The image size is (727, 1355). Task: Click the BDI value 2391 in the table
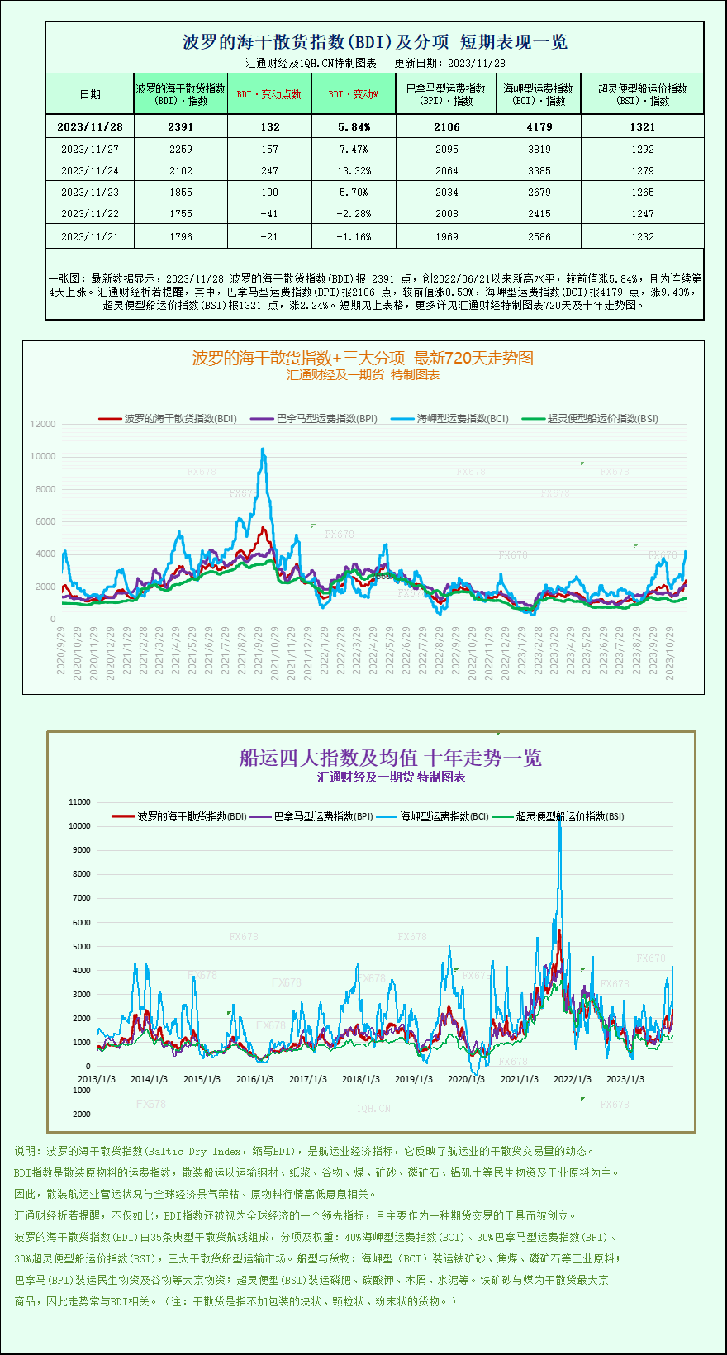[x=180, y=127]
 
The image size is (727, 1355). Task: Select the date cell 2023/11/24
[x=90, y=171]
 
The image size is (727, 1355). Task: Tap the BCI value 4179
[x=539, y=127]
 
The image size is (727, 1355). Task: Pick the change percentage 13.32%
[x=354, y=171]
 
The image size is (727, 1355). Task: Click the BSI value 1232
[x=642, y=237]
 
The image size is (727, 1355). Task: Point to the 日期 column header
[x=90, y=94]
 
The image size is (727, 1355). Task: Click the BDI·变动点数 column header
[x=269, y=94]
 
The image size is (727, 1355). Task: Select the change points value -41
[x=269, y=214]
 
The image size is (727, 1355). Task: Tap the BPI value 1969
[x=446, y=237]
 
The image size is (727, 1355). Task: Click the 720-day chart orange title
[x=363, y=358]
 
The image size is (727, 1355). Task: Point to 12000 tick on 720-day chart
[x=43, y=424]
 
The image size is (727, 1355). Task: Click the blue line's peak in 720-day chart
[x=263, y=449]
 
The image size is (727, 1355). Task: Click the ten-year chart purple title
[x=390, y=758]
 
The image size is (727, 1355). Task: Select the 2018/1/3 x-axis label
[x=360, y=1079]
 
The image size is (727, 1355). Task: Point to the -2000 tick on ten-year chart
[x=80, y=1115]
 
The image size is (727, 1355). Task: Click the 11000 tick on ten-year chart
[x=79, y=801]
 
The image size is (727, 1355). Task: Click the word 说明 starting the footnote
[x=25, y=1151]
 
